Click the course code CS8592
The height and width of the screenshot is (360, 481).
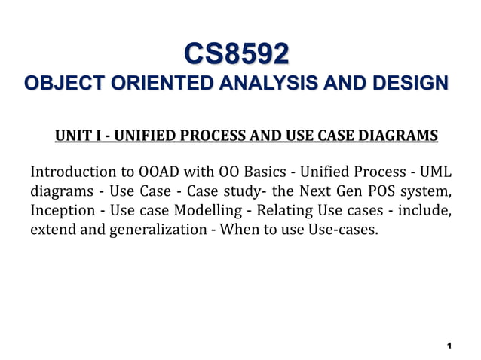237,54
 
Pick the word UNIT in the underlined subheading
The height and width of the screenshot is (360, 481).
71,136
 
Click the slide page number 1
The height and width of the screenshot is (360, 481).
449,346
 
